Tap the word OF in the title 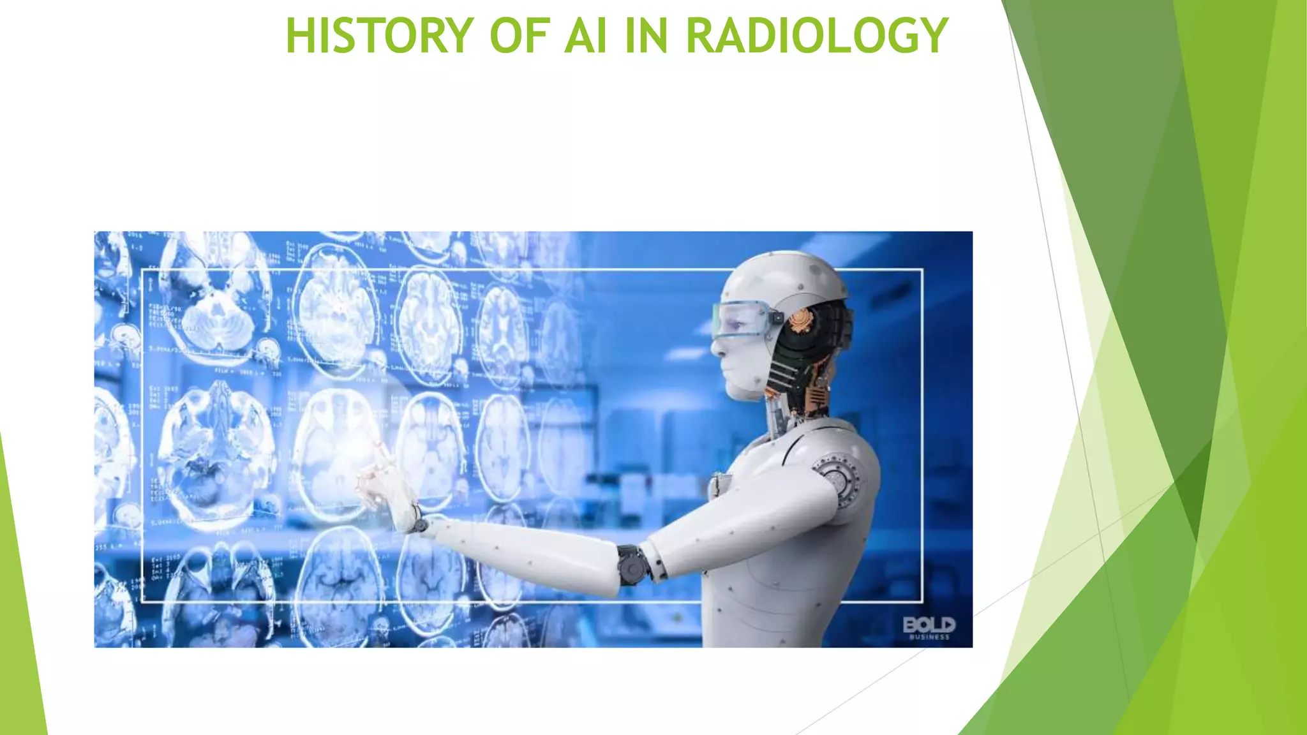click(519, 36)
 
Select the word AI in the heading click(585, 36)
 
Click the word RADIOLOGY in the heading click(817, 36)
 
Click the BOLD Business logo click(929, 627)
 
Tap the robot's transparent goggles click(740, 320)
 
